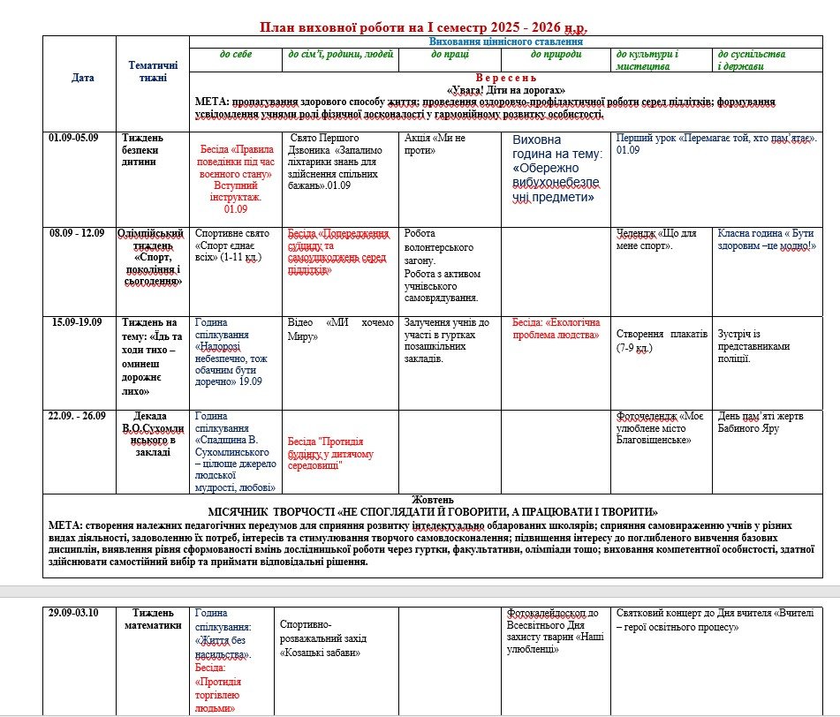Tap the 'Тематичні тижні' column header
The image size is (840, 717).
point(153,72)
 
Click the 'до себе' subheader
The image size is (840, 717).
point(236,55)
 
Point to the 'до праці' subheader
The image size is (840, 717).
point(450,55)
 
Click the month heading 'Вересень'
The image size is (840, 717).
point(505,78)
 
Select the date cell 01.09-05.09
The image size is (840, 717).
point(74,138)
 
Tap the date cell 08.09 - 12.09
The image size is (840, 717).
point(77,233)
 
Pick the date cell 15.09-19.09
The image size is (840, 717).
point(76,322)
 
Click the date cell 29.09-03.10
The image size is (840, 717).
point(74,613)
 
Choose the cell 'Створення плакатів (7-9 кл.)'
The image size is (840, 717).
point(662,341)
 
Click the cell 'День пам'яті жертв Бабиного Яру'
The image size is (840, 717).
point(765,421)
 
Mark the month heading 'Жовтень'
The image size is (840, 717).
point(433,500)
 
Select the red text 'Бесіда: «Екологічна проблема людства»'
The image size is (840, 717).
point(556,328)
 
